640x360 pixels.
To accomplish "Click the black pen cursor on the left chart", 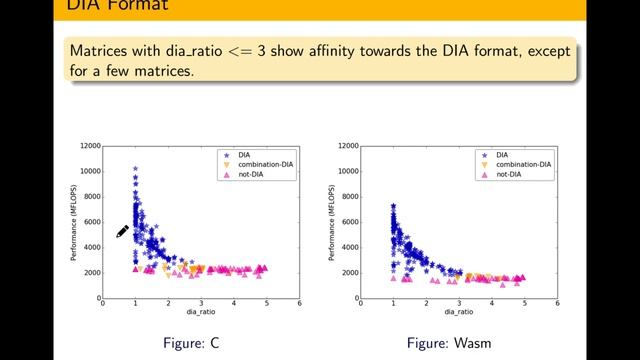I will [122, 232].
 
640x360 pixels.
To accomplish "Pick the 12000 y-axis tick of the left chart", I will [87, 146].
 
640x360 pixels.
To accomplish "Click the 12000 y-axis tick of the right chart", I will [345, 146].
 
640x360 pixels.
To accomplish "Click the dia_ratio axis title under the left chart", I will [200, 314].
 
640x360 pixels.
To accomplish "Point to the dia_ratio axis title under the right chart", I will [458, 314].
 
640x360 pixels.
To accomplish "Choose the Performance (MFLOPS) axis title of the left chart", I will [73, 222].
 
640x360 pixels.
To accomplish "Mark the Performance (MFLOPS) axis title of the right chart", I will [331, 222].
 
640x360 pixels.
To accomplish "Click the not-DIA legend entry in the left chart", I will [251, 174].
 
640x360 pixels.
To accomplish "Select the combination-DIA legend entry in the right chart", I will [516, 164].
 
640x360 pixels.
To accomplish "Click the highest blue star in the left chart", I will [135, 168].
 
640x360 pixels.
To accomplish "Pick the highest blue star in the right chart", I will [393, 206].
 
